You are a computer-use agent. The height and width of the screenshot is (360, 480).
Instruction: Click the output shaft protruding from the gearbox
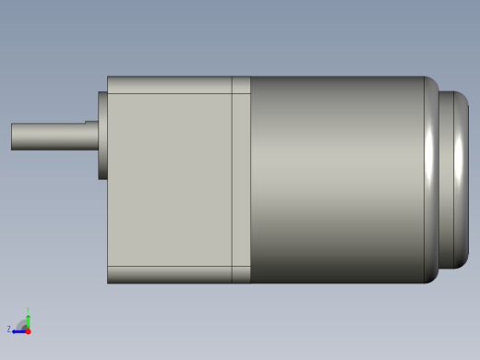click(51, 137)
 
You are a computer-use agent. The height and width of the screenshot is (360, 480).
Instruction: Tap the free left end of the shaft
click(13, 137)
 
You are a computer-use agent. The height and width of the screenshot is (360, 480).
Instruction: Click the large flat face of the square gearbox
click(170, 179)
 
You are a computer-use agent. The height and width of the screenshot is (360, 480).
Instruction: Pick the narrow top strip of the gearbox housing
click(170, 85)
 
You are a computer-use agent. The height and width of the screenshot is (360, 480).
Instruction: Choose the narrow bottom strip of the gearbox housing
click(170, 274)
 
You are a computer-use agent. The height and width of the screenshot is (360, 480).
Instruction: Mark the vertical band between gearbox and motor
click(241, 179)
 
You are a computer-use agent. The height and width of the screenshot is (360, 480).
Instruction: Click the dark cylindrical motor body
click(337, 179)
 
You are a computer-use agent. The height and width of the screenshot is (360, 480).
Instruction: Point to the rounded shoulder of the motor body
click(430, 179)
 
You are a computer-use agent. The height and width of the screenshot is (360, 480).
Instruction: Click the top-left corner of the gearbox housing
click(109, 78)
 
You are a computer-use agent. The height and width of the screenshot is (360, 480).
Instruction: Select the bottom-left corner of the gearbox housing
click(109, 282)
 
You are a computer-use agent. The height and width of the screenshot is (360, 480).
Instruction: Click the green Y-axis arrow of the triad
click(28, 320)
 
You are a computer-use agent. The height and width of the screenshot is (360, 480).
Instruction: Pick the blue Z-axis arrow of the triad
click(18, 330)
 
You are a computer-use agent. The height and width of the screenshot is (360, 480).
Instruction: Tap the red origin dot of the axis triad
click(28, 330)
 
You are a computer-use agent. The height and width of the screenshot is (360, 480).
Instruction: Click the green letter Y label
click(28, 310)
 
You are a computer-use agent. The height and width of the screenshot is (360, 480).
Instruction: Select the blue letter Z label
click(9, 329)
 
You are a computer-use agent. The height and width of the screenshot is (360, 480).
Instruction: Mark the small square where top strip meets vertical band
click(241, 85)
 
